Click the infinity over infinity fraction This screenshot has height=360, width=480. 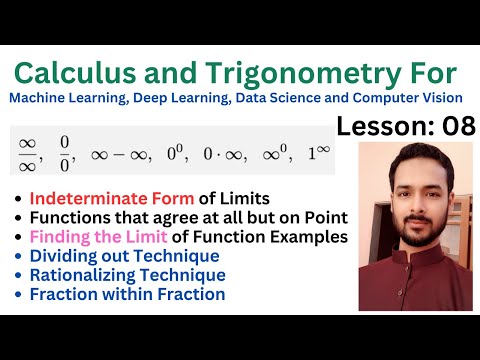pyautogui.click(x=29, y=155)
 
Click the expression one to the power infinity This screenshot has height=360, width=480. pyautogui.click(x=319, y=154)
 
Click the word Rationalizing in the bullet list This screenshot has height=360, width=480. pyautogui.click(x=83, y=275)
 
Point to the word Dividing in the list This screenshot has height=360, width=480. pyautogui.click(x=65, y=256)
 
